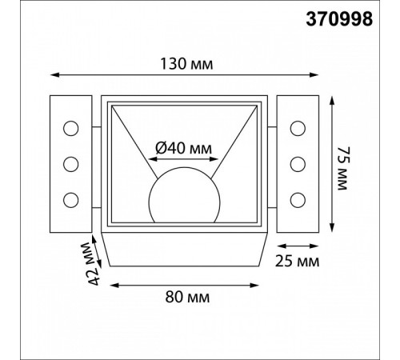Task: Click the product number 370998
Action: coord(339,19)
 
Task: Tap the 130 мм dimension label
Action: coord(186,64)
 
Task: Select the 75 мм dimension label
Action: coord(343,168)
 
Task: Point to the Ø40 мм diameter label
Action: coord(183,148)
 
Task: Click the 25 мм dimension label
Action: coord(297,261)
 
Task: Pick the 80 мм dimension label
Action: coord(187,297)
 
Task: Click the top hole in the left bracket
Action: coord(71,128)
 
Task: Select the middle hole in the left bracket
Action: coord(71,164)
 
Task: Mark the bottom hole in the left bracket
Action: coord(71,200)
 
